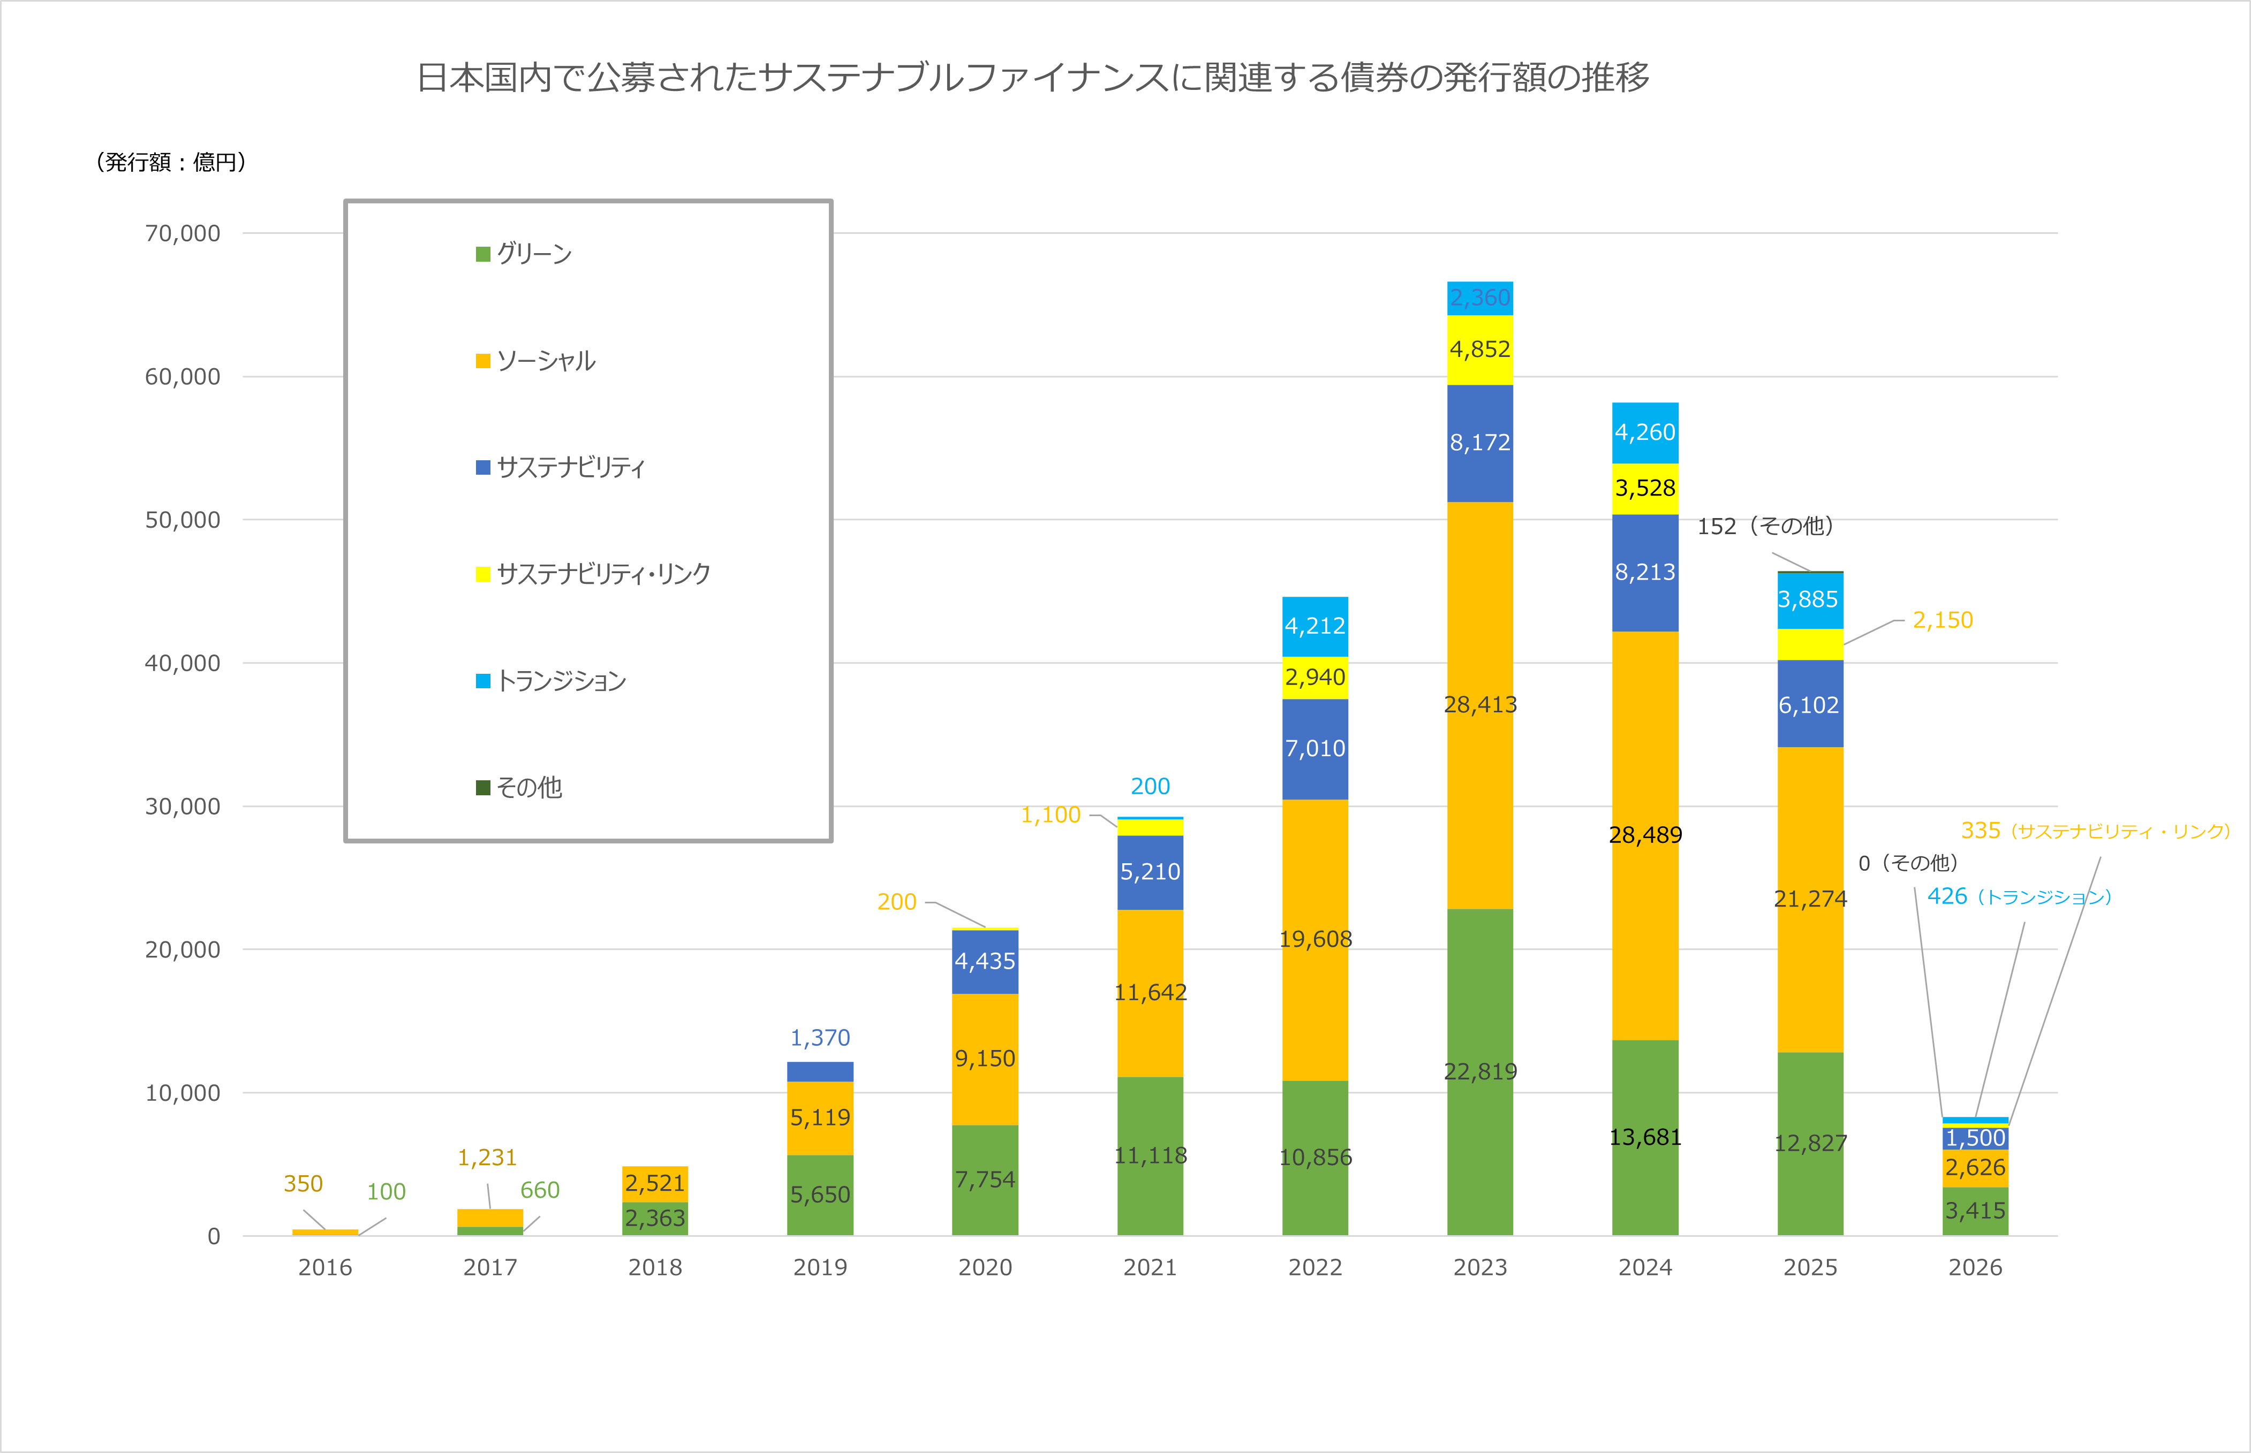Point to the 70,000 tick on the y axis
[x=182, y=233]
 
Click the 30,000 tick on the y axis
[x=182, y=807]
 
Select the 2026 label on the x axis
[x=1975, y=1267]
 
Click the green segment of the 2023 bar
[x=1480, y=1072]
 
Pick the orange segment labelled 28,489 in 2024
[x=1645, y=835]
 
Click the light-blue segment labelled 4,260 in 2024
[x=1645, y=432]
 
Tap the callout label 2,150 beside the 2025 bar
[x=1943, y=620]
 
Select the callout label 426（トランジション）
[x=2019, y=896]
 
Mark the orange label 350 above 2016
[x=303, y=1184]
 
